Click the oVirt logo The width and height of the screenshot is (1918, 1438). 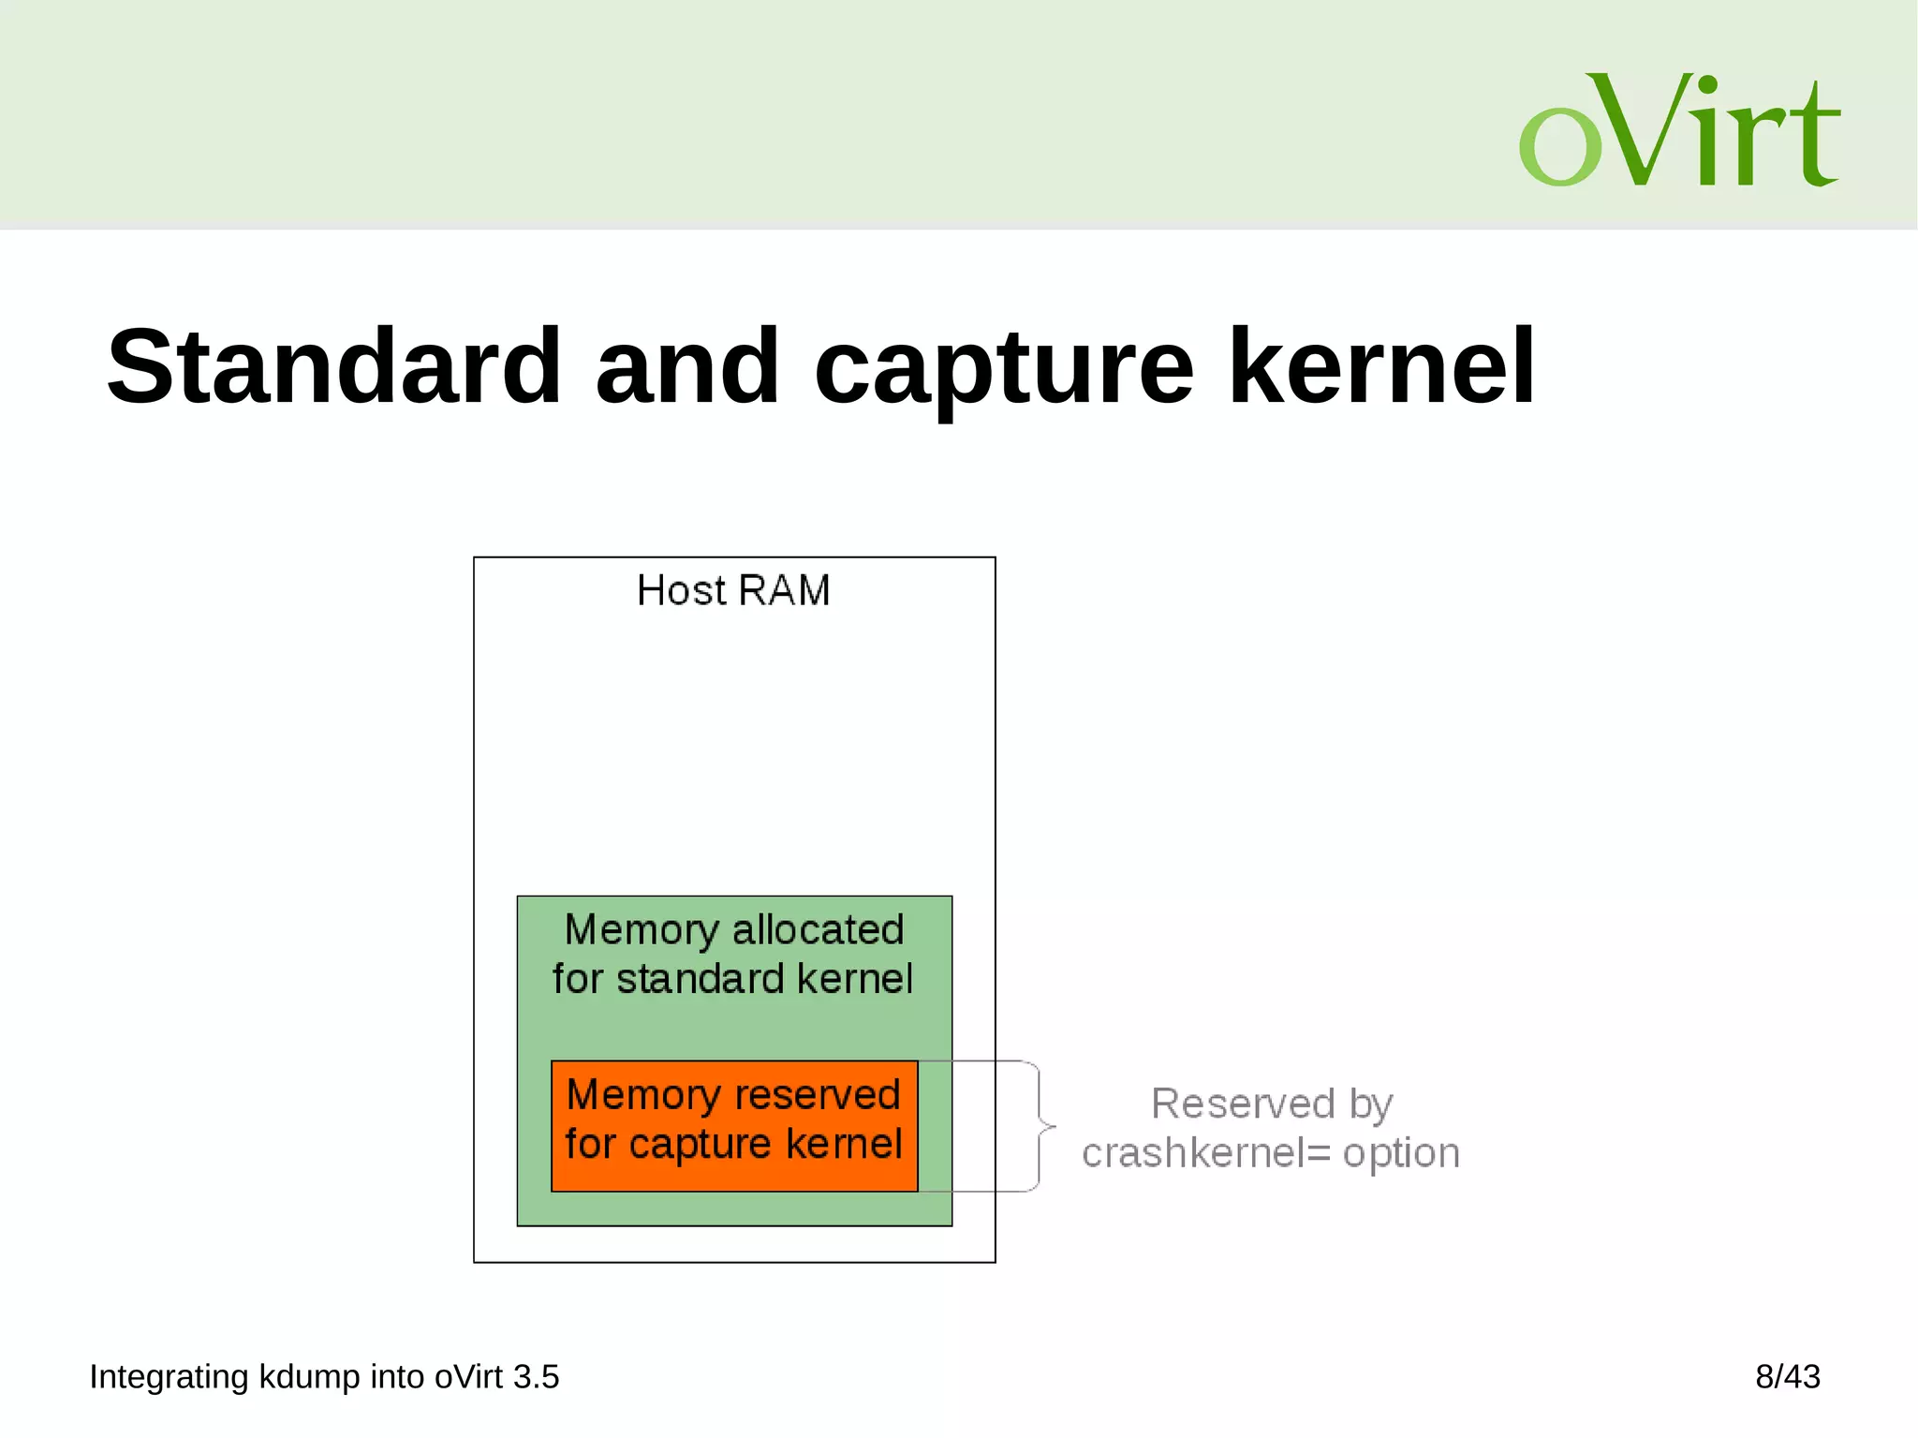point(1678,131)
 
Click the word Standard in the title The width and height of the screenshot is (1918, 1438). point(333,367)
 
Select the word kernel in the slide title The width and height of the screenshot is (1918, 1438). point(1381,367)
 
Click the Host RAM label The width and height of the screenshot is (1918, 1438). point(733,591)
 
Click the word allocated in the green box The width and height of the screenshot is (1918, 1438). point(818,930)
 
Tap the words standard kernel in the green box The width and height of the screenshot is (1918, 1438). point(764,979)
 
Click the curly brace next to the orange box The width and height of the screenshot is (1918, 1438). point(1041,1126)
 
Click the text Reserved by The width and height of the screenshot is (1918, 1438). point(1272,1104)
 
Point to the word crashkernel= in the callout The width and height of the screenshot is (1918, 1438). point(1206,1153)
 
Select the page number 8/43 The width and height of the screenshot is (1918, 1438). point(1787,1377)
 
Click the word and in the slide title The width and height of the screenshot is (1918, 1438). point(686,367)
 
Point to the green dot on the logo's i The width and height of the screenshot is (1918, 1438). point(1707,85)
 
